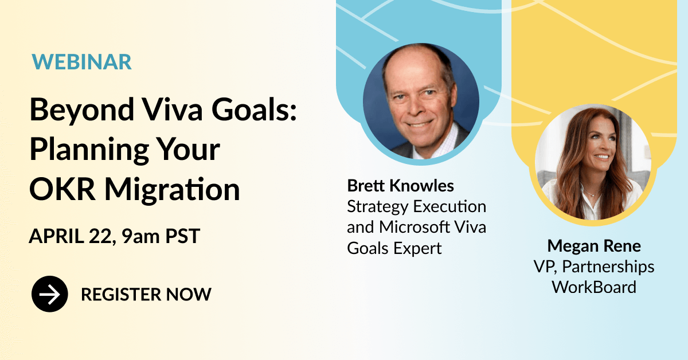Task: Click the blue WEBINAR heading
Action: [81, 62]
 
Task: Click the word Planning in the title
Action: [89, 150]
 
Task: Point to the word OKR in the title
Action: [62, 189]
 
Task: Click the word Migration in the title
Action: [172, 190]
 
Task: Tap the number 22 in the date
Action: [100, 237]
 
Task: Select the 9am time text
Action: [140, 236]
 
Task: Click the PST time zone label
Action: [183, 236]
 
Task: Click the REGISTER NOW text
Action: [146, 294]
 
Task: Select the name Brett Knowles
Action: [401, 186]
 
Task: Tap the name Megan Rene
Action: [594, 246]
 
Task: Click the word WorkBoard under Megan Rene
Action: [594, 287]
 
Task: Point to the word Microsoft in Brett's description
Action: [415, 228]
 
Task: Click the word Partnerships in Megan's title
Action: [608, 267]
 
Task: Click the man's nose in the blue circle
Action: [415, 106]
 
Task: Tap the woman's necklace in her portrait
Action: [591, 193]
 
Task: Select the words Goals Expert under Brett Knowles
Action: [394, 248]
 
